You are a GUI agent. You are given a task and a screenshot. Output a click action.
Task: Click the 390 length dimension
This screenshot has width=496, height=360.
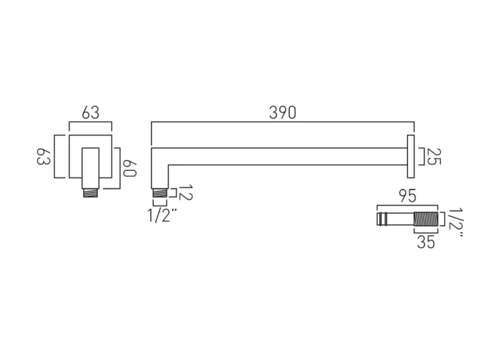282,112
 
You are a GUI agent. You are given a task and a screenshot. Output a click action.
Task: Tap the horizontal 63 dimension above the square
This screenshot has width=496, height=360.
90,112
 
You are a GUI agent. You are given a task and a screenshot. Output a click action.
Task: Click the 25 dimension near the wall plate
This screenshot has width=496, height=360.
431,156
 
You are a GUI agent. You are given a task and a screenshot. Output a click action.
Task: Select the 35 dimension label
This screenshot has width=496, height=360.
426,242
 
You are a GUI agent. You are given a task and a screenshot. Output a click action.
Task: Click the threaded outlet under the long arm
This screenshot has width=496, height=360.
159,193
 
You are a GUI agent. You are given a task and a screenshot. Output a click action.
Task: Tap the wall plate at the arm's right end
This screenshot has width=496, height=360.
410,156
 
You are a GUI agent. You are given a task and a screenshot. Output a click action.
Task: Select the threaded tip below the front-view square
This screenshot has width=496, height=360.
91,191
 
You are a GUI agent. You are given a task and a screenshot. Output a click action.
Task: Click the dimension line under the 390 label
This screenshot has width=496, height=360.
282,123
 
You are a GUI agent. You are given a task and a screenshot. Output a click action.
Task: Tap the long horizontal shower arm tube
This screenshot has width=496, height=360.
285,156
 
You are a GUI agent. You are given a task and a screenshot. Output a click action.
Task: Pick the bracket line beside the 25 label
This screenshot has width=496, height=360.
420,156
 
